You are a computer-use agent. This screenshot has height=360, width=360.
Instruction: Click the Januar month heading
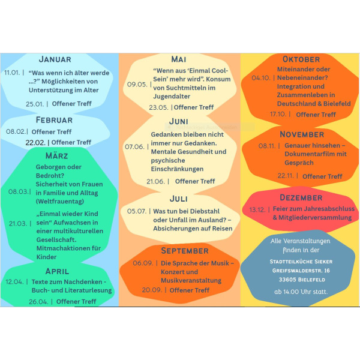pyautogui.click(x=55, y=59)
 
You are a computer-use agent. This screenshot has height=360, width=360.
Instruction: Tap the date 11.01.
pyautogui.click(x=12, y=73)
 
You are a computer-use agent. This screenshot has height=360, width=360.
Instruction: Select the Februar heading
pyautogui.click(x=54, y=120)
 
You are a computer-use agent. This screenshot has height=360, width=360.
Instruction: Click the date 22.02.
pyautogui.click(x=35, y=143)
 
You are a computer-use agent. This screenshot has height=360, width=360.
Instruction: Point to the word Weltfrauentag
pyautogui.click(x=60, y=202)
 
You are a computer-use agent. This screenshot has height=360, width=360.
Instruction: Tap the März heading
pyautogui.click(x=57, y=155)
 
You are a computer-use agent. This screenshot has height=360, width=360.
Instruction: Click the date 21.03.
pyautogui.click(x=18, y=223)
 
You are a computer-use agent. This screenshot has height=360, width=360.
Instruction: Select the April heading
pyautogui.click(x=57, y=271)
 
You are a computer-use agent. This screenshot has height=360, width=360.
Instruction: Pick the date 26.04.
pyautogui.click(x=38, y=302)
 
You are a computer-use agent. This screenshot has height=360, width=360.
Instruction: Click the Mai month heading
pyautogui.click(x=179, y=59)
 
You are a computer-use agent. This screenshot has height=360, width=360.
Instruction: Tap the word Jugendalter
pyautogui.click(x=172, y=97)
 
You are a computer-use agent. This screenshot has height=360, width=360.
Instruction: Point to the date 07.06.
pyautogui.click(x=134, y=147)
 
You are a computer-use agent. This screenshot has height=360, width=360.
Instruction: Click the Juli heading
pyautogui.click(x=179, y=199)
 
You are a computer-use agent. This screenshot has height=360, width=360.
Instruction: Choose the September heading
pyautogui.click(x=185, y=251)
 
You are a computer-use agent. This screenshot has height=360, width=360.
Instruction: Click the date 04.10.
pyautogui.click(x=261, y=78)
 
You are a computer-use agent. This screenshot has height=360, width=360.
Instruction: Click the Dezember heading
pyautogui.click(x=301, y=197)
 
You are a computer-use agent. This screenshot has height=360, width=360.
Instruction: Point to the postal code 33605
pyautogui.click(x=287, y=280)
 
